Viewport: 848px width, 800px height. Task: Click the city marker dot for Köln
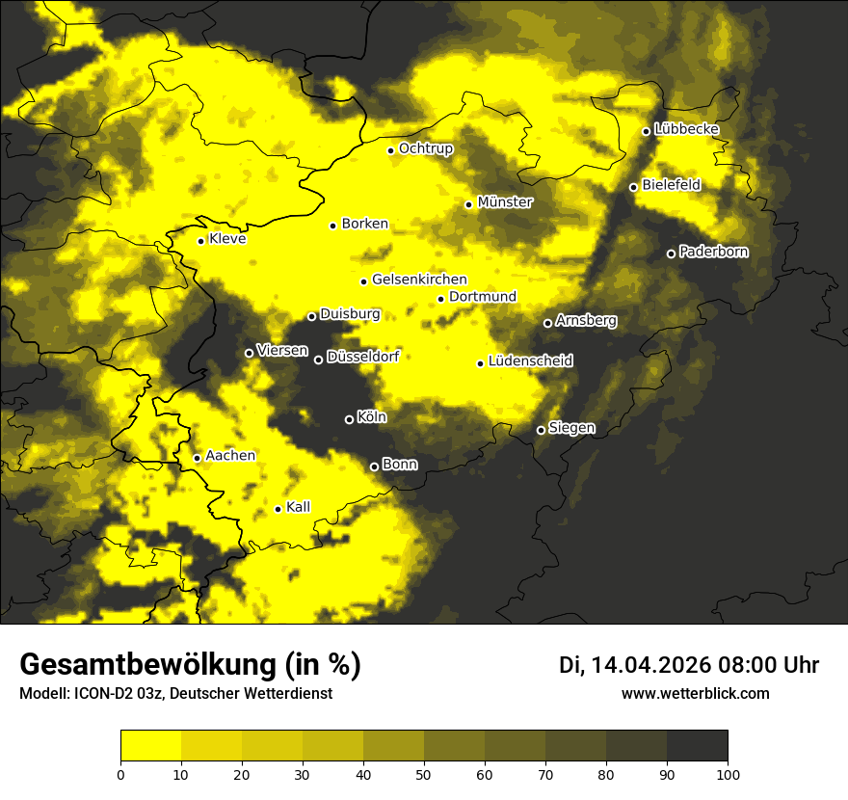tap(349, 419)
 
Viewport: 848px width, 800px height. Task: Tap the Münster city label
tap(505, 202)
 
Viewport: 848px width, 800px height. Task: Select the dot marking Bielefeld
tap(633, 187)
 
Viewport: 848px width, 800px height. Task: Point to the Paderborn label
tap(713, 253)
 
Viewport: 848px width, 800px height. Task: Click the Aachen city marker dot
tap(197, 458)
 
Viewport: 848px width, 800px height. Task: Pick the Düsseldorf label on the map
tap(362, 357)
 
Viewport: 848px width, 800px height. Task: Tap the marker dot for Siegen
tap(541, 430)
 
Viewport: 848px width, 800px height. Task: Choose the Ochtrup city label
tap(425, 148)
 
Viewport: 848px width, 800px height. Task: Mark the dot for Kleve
tap(200, 241)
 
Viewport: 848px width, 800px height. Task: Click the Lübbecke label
tap(686, 129)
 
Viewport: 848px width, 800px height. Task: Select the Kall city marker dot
tap(278, 509)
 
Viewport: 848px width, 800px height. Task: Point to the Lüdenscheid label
tap(530, 361)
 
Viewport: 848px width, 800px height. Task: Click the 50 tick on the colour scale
tap(424, 773)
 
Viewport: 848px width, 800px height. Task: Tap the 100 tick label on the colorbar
tap(728, 773)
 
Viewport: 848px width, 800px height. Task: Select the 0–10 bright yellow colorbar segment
tap(150, 745)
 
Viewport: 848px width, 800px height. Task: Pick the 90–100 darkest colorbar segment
tap(697, 745)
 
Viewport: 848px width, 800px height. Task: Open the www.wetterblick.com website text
tap(695, 693)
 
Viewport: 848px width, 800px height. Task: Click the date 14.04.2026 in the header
tap(651, 665)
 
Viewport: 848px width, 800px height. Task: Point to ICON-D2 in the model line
tap(99, 694)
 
